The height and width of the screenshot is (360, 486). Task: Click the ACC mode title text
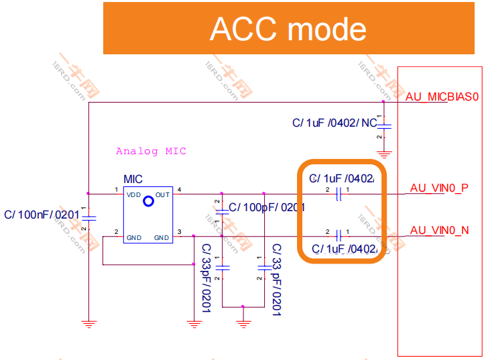pyautogui.click(x=288, y=29)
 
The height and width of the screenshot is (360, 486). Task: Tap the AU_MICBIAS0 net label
pyautogui.click(x=443, y=97)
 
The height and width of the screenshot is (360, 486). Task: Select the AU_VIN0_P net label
pyautogui.click(x=439, y=188)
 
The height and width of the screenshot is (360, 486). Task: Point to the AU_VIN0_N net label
pyautogui.click(x=439, y=230)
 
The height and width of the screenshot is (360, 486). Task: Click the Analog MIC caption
pyautogui.click(x=151, y=152)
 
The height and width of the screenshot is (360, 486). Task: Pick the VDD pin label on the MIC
pyautogui.click(x=133, y=195)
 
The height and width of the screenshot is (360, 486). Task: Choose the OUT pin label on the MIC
pyautogui.click(x=162, y=195)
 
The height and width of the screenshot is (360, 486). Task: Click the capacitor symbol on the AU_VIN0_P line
pyautogui.click(x=339, y=194)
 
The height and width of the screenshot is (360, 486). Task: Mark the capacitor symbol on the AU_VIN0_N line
pyautogui.click(x=339, y=235)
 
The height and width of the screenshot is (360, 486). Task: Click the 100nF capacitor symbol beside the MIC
pyautogui.click(x=88, y=217)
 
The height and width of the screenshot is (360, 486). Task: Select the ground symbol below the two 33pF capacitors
pyautogui.click(x=243, y=323)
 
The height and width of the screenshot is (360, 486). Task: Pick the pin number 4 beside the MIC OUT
pyautogui.click(x=179, y=190)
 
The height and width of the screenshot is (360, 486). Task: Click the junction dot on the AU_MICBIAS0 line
pyautogui.click(x=383, y=102)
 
